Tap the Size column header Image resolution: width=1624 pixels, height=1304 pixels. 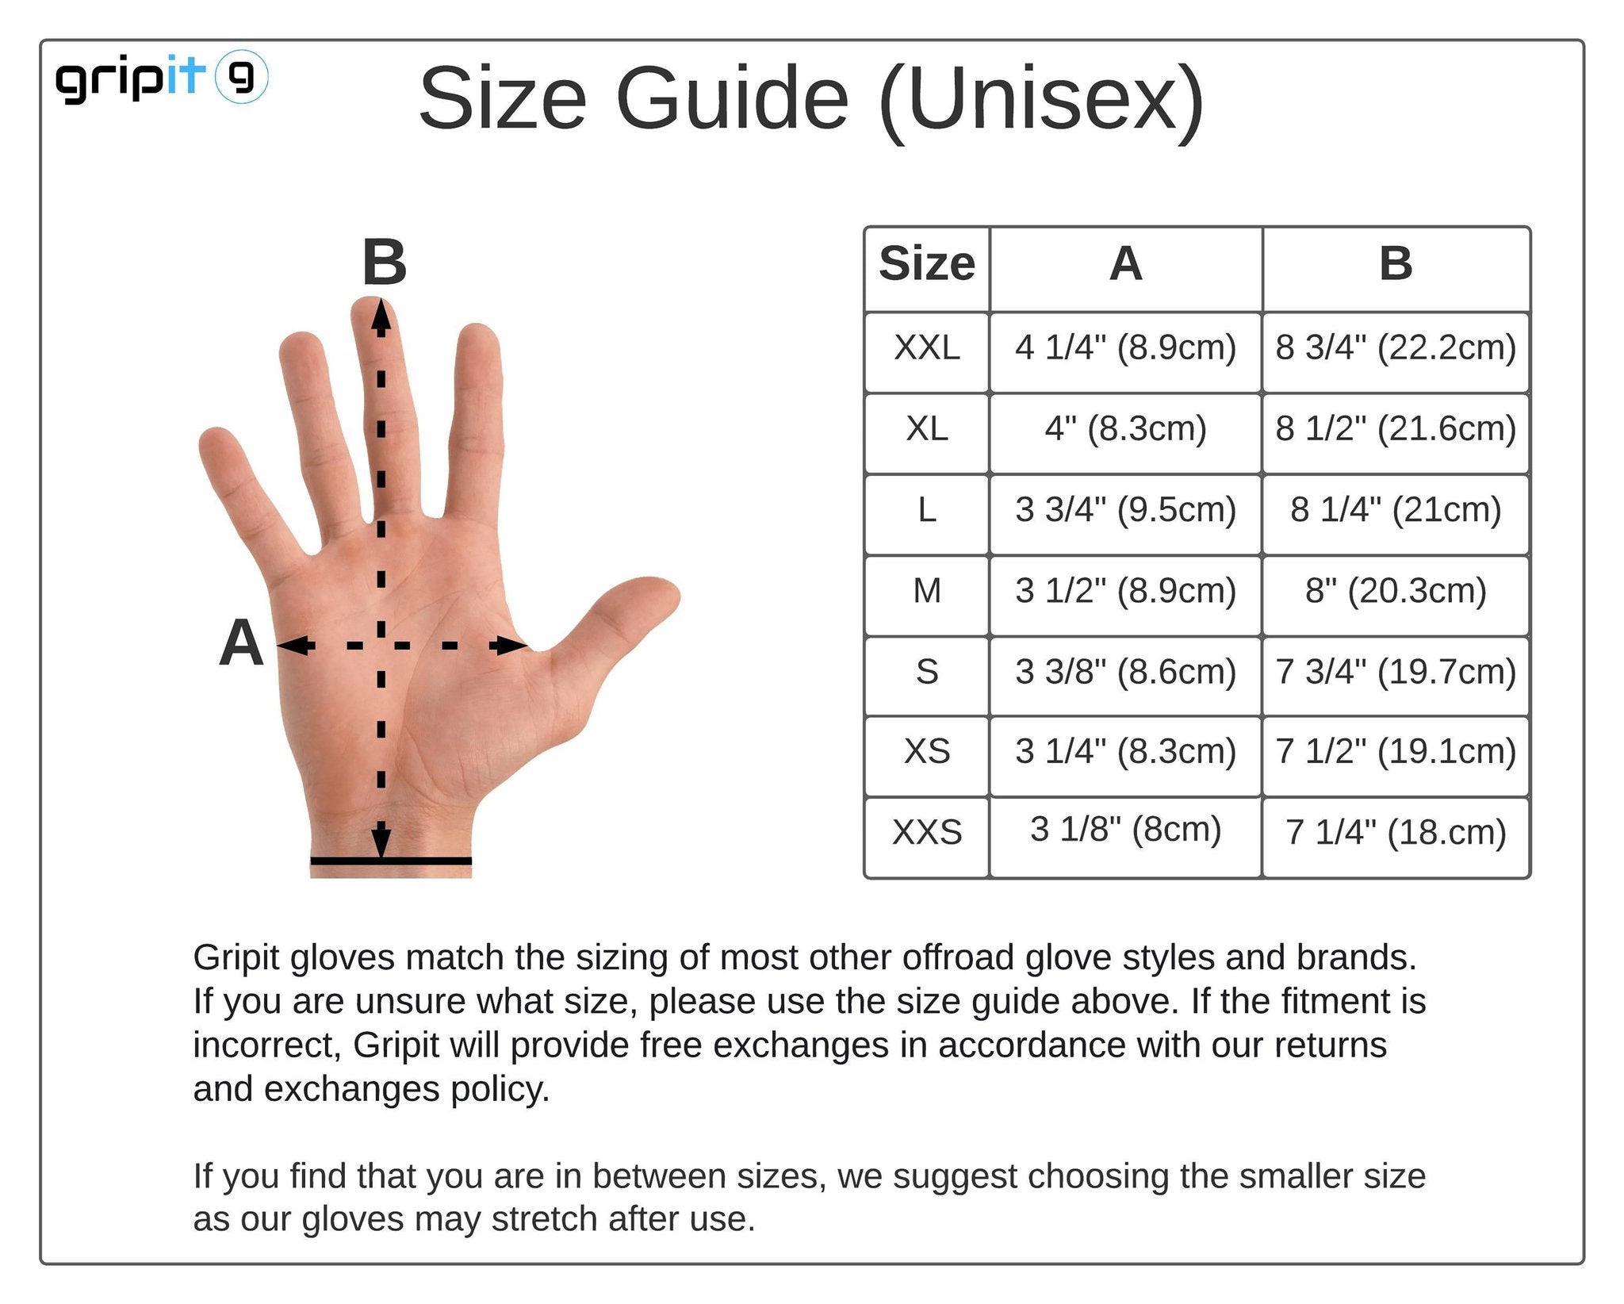[927, 263]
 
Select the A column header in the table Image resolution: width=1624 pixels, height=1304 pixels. [1126, 263]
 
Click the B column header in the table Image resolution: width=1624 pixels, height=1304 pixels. [1396, 263]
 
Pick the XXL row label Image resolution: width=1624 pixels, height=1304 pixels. [927, 348]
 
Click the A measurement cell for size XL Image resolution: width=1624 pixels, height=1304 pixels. [1126, 429]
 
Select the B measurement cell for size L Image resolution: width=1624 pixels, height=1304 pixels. [1396, 510]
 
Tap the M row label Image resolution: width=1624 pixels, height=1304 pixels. [927, 591]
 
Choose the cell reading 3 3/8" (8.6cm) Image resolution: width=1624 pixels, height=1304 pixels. [1126, 672]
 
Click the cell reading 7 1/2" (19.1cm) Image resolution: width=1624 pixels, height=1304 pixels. [1396, 751]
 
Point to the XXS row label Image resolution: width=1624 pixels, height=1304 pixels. [927, 832]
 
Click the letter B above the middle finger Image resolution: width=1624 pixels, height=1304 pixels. [385, 263]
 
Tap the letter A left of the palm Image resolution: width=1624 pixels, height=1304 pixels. [241, 642]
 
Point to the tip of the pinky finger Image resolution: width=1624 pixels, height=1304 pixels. [215, 439]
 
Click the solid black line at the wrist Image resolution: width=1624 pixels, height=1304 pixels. [391, 861]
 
